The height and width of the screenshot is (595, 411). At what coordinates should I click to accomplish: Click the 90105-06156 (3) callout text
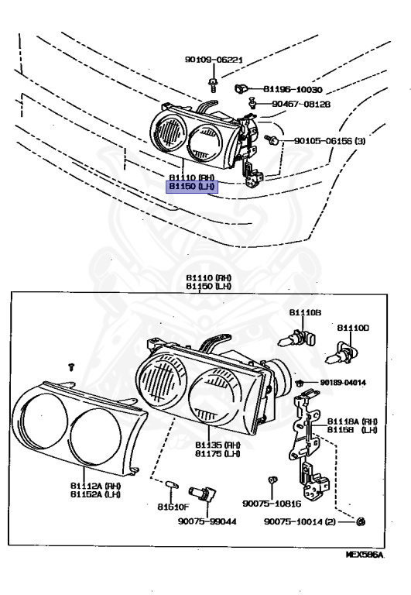pyautogui.click(x=329, y=141)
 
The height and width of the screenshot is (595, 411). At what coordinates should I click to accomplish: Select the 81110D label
pyautogui.click(x=352, y=328)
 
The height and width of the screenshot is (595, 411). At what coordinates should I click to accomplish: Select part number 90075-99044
pyautogui.click(x=205, y=522)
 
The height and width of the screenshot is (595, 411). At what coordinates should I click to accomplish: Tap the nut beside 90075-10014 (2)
pyautogui.click(x=362, y=523)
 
